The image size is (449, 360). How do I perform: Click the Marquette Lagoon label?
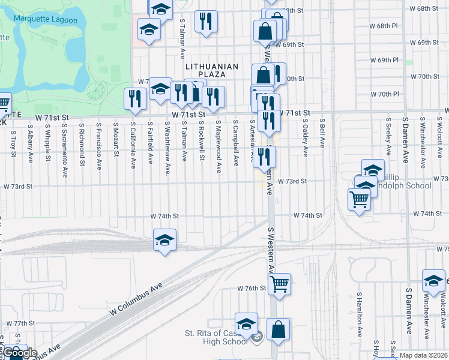click(52, 20)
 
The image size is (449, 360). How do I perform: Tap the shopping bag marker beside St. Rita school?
click(278, 329)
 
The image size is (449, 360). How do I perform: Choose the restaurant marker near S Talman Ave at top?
click(206, 22)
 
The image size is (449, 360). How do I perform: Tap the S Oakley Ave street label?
click(306, 137)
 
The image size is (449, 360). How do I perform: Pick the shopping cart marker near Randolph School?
click(360, 199)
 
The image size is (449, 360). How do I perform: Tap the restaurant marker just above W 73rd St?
click(264, 157)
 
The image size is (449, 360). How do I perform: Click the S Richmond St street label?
click(82, 144)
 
